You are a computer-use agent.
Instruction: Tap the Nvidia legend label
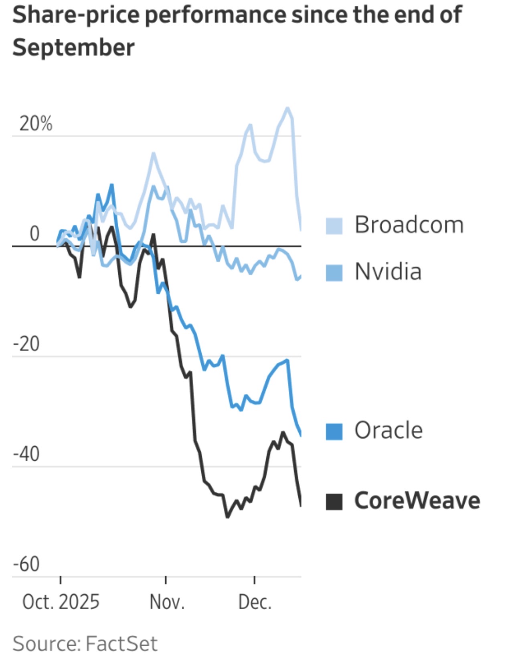tap(388, 272)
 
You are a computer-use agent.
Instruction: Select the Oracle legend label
tap(388, 430)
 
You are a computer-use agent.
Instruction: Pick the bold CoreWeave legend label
tap(417, 500)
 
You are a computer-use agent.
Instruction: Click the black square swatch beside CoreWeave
tap(334, 502)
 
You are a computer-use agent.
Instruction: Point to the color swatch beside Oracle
tap(334, 432)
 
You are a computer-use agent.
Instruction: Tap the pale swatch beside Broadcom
tap(334, 226)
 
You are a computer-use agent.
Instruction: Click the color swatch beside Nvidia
tap(334, 273)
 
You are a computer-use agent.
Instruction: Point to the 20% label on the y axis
tap(36, 124)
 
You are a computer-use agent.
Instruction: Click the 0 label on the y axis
tap(34, 234)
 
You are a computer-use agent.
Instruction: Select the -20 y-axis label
tap(26, 344)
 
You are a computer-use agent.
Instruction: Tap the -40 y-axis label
tap(26, 454)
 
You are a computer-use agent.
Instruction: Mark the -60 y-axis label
tap(26, 564)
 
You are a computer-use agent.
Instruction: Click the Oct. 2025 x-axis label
tap(61, 602)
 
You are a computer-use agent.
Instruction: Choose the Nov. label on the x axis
tap(167, 602)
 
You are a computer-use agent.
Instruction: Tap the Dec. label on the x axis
tap(255, 602)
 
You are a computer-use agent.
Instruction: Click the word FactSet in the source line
tap(121, 644)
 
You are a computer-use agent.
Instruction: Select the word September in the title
tap(73, 47)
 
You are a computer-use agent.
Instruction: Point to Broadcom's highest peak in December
tap(287, 108)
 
